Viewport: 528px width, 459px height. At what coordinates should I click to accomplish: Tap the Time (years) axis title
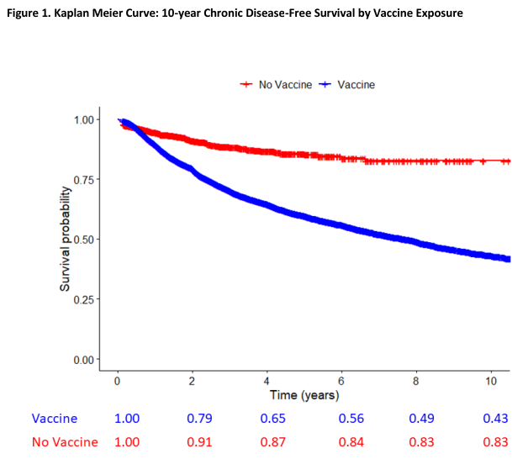(x=304, y=394)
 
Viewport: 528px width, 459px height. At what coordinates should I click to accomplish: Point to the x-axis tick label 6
(x=341, y=380)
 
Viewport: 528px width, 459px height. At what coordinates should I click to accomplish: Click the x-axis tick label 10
(x=490, y=380)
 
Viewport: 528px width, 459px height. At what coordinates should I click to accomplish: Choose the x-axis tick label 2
(x=192, y=380)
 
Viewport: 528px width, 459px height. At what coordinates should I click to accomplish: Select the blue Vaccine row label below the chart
(x=55, y=419)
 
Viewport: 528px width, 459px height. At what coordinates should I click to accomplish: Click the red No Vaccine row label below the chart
(x=65, y=442)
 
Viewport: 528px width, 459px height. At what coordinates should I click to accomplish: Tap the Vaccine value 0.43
(x=496, y=419)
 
